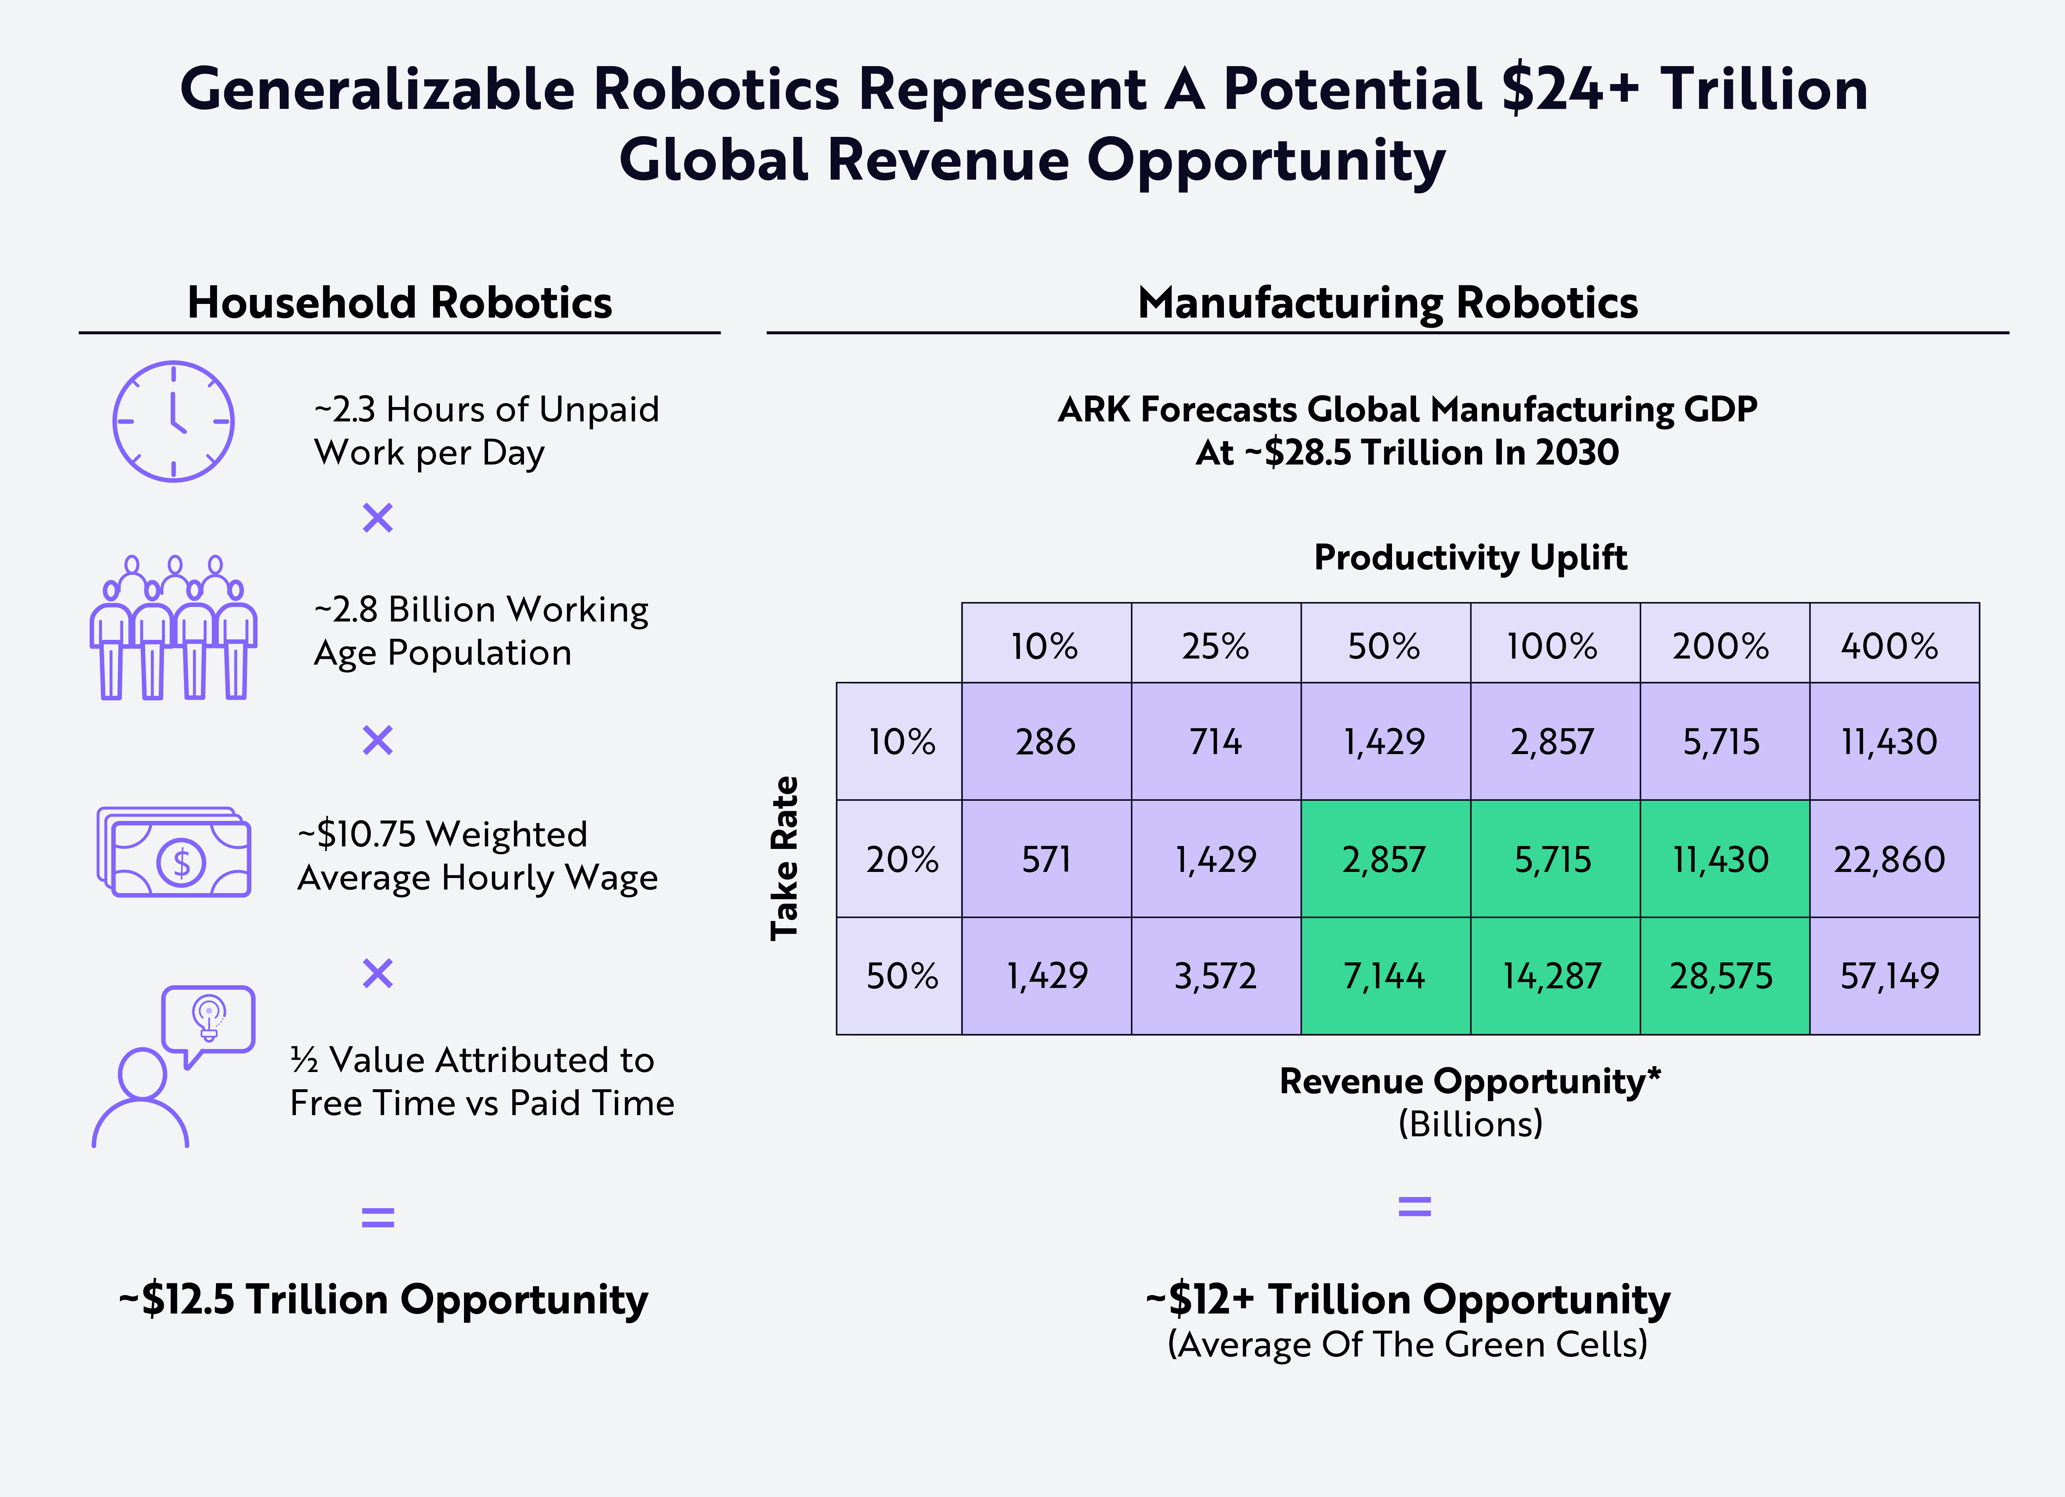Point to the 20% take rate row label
pos(900,859)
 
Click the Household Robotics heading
pos(400,302)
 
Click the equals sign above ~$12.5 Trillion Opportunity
pos(378,1216)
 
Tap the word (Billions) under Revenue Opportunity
pos(1470,1124)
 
